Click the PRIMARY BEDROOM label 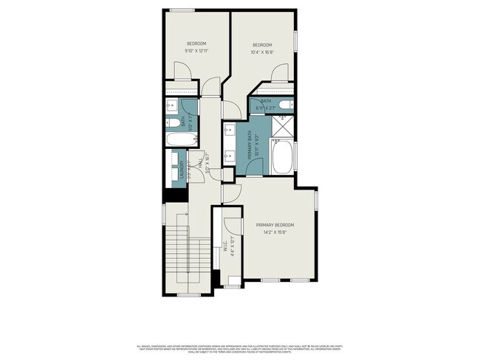275,224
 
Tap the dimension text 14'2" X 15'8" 275,232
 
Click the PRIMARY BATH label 250,139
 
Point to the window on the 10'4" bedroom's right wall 296,41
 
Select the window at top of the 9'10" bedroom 182,10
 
